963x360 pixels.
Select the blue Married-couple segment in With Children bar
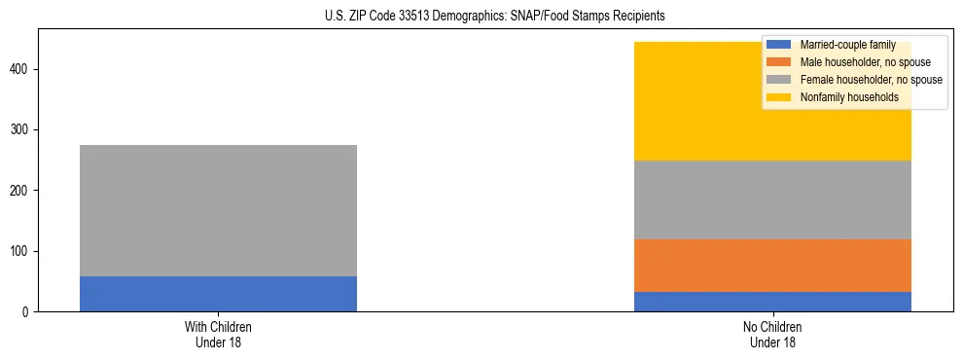(x=218, y=294)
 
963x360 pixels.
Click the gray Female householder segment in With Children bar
(x=218, y=210)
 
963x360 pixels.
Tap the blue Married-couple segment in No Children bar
(x=772, y=302)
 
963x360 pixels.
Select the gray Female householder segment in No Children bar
(x=772, y=199)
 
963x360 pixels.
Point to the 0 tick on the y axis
(x=27, y=312)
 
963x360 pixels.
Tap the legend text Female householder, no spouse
(x=871, y=80)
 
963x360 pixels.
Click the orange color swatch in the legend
(x=779, y=62)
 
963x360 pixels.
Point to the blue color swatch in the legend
(x=779, y=45)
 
